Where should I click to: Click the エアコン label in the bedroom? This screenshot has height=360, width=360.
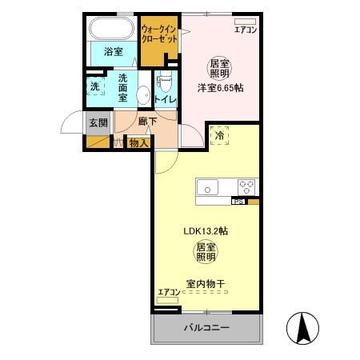pyautogui.click(x=244, y=30)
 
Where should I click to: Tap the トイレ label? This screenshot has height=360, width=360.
pyautogui.click(x=166, y=99)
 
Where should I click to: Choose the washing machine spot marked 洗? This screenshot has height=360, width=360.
pyautogui.click(x=95, y=86)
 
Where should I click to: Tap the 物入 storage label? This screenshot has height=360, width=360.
pyautogui.click(x=138, y=143)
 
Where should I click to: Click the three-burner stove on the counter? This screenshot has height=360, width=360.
pyautogui.click(x=246, y=188)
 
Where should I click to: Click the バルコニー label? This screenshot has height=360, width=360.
pyautogui.click(x=207, y=328)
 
